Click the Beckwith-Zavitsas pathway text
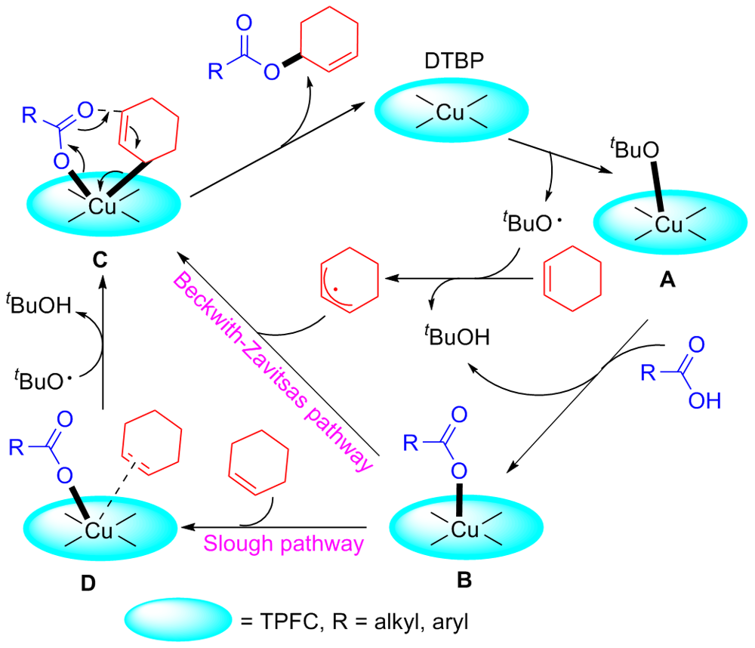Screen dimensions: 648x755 click(274, 369)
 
